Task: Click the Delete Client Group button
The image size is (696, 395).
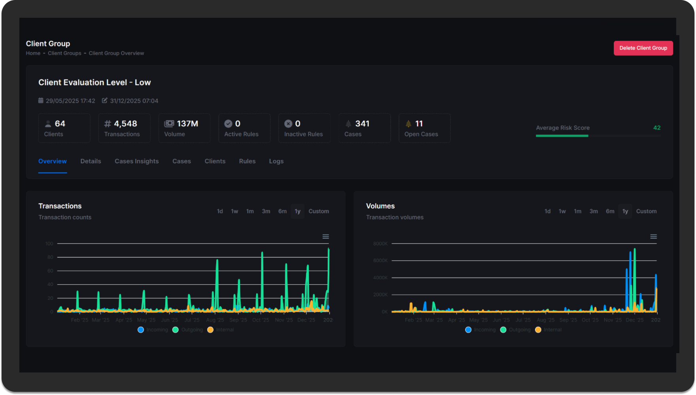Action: click(x=643, y=48)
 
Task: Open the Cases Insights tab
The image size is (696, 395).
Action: click(x=136, y=161)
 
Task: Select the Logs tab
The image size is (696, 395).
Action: click(x=276, y=161)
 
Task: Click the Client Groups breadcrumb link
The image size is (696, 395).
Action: click(x=64, y=53)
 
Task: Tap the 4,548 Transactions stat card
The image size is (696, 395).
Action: click(x=124, y=128)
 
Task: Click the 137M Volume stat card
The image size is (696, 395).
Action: click(x=184, y=128)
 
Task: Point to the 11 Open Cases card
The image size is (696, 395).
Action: click(x=424, y=128)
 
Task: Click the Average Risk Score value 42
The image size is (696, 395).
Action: click(x=656, y=128)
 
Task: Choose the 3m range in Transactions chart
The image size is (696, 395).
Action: click(x=266, y=211)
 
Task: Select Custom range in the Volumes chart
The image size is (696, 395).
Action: click(x=646, y=211)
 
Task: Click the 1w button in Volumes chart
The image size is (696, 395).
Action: click(x=562, y=211)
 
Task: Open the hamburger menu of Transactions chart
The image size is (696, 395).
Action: click(x=326, y=237)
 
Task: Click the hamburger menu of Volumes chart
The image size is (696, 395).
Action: click(x=653, y=237)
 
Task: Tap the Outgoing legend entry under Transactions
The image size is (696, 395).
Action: click(x=188, y=330)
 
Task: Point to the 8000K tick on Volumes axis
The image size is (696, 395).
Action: click(x=380, y=244)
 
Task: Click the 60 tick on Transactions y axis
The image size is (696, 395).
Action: click(x=50, y=271)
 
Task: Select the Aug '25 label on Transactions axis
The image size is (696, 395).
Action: click(x=215, y=320)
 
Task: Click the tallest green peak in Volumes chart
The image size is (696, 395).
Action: click(x=634, y=250)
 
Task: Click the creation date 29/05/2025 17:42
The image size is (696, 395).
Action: click(x=70, y=101)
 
